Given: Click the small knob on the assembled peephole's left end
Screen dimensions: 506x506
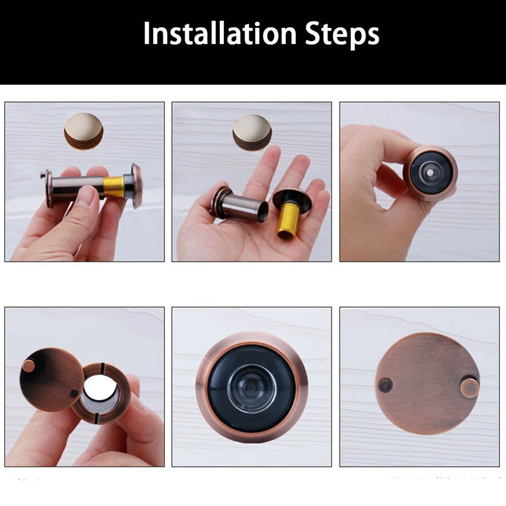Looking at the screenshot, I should [x=42, y=175].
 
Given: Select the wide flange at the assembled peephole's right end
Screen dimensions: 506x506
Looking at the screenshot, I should [x=136, y=186].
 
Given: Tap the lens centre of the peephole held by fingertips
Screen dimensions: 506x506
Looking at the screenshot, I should [x=430, y=172].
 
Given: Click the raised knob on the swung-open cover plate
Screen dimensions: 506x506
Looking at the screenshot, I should [x=28, y=364].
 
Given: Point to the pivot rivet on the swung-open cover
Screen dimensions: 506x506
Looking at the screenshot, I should [x=74, y=393].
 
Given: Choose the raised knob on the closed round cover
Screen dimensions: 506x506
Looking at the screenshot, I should [x=469, y=388].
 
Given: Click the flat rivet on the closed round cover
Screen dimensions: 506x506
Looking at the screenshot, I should [x=385, y=385].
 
